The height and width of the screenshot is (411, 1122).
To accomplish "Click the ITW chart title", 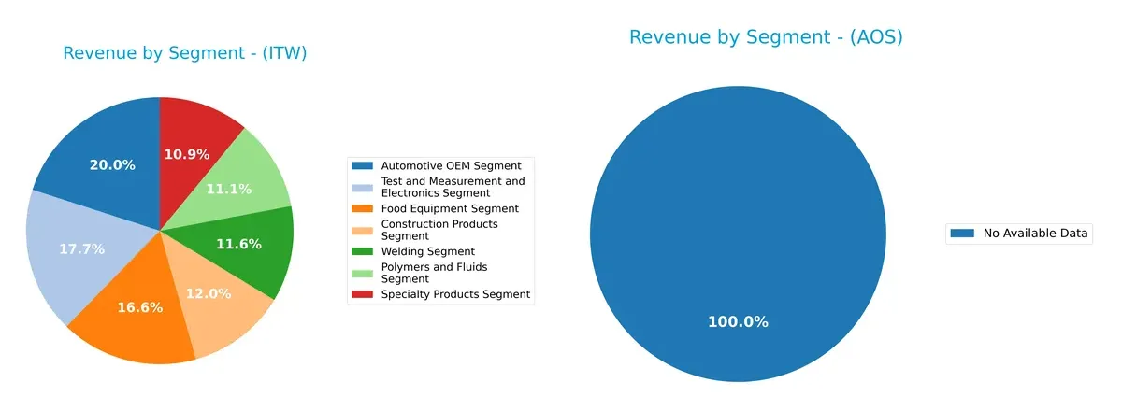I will pyautogui.click(x=185, y=53).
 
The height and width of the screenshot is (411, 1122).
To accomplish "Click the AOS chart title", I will pyautogui.click(x=766, y=37).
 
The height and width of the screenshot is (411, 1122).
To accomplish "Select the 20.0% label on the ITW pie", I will pyautogui.click(x=111, y=165).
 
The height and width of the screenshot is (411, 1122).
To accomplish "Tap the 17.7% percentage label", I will pyautogui.click(x=81, y=249).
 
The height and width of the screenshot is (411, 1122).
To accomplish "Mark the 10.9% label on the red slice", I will pyautogui.click(x=186, y=154).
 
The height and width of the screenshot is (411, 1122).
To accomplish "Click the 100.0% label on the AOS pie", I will pyautogui.click(x=738, y=322).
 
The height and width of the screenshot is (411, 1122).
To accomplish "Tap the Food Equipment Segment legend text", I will pyautogui.click(x=450, y=208).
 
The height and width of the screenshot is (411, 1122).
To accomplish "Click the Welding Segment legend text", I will pyautogui.click(x=428, y=251).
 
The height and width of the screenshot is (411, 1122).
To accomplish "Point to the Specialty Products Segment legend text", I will pyautogui.click(x=455, y=294).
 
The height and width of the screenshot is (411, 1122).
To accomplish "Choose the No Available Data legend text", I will pyautogui.click(x=1035, y=234).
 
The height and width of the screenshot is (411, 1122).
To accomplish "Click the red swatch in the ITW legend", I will pyautogui.click(x=362, y=294).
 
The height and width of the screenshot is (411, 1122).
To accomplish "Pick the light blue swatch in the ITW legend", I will pyautogui.click(x=362, y=187).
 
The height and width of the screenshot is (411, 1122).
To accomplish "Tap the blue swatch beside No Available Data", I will pyautogui.click(x=962, y=234).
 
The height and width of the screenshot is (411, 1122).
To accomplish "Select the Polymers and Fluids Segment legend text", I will pyautogui.click(x=434, y=273).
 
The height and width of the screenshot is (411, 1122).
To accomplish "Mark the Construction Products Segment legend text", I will pyautogui.click(x=439, y=230).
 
